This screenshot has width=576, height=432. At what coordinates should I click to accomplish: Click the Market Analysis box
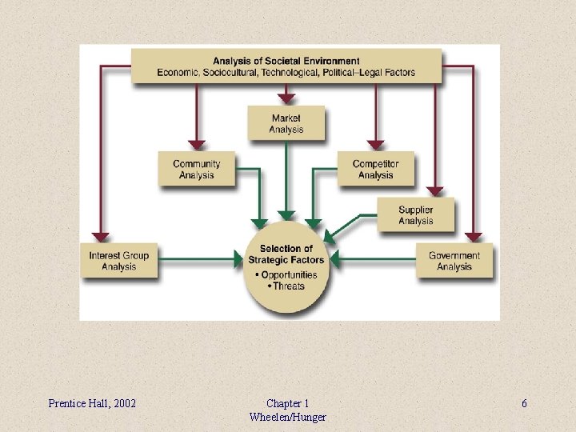click(286, 124)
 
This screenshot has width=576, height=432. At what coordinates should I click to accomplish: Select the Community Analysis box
click(197, 170)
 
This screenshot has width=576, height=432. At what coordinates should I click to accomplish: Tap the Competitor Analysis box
click(375, 170)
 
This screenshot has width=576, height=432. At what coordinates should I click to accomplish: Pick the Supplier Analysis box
click(416, 215)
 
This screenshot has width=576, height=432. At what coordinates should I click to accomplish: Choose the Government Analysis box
click(454, 261)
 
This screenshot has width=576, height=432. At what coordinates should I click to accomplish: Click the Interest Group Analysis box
click(118, 261)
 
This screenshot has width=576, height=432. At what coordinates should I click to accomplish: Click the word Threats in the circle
click(289, 286)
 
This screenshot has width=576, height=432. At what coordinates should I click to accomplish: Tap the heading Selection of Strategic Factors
click(286, 254)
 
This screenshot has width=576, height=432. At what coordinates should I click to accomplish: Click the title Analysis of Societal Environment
click(286, 61)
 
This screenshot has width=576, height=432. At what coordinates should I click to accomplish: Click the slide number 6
click(524, 403)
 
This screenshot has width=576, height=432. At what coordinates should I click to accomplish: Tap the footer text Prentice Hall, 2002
click(92, 403)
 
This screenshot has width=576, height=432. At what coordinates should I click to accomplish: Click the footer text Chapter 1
click(287, 403)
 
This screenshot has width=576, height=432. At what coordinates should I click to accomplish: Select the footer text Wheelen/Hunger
click(287, 417)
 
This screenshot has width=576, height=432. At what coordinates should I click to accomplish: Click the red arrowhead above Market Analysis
click(286, 98)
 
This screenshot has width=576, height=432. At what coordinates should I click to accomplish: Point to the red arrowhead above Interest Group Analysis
click(100, 237)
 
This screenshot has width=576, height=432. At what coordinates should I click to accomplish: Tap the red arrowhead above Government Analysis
click(474, 237)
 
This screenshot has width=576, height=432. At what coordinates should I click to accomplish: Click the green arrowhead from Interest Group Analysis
click(238, 259)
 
